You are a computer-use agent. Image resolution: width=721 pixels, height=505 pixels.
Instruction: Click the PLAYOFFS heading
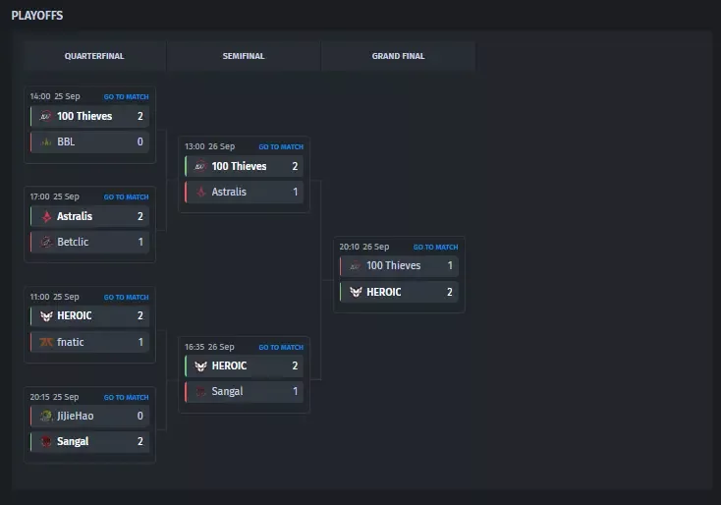pyautogui.click(x=37, y=16)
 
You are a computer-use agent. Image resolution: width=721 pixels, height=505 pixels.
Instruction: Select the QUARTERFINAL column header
pyautogui.click(x=94, y=56)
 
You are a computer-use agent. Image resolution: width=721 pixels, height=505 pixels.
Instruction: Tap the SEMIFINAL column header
pyautogui.click(x=244, y=56)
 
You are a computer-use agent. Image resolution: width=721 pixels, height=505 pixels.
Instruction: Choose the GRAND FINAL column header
pyautogui.click(x=398, y=56)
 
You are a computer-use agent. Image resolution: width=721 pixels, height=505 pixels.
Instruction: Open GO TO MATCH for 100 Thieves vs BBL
pyautogui.click(x=126, y=97)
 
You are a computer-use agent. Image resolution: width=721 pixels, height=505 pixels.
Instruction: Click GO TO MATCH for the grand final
pyautogui.click(x=435, y=247)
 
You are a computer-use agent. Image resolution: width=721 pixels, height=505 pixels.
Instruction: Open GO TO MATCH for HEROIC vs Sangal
pyautogui.click(x=281, y=347)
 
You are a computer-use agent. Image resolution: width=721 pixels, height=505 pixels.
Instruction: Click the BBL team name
pyautogui.click(x=66, y=141)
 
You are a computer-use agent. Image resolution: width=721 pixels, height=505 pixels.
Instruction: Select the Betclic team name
pyautogui.click(x=73, y=242)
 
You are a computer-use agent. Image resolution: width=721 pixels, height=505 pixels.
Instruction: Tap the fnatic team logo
pyautogui.click(x=46, y=342)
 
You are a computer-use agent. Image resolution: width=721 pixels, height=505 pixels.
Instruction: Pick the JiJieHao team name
pyautogui.click(x=75, y=416)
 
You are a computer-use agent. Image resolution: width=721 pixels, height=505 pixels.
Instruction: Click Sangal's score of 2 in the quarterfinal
pyautogui.click(x=140, y=441)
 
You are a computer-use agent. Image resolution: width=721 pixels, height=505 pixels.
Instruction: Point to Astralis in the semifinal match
pyautogui.click(x=229, y=192)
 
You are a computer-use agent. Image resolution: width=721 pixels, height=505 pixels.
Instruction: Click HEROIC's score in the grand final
pyautogui.click(x=450, y=292)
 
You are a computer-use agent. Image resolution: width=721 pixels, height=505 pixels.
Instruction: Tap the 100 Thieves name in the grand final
pyautogui.click(x=393, y=265)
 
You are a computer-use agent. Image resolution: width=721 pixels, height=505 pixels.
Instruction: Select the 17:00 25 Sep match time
pyautogui.click(x=55, y=196)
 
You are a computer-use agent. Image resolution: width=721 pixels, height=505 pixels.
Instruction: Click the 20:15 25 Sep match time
pyautogui.click(x=54, y=397)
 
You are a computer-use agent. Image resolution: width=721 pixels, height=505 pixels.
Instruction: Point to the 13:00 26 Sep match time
pyautogui.click(x=209, y=146)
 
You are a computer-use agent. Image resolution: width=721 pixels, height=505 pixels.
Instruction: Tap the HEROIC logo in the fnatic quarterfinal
pyautogui.click(x=46, y=316)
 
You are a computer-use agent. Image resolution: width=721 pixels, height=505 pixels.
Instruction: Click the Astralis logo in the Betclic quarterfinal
pyautogui.click(x=46, y=216)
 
